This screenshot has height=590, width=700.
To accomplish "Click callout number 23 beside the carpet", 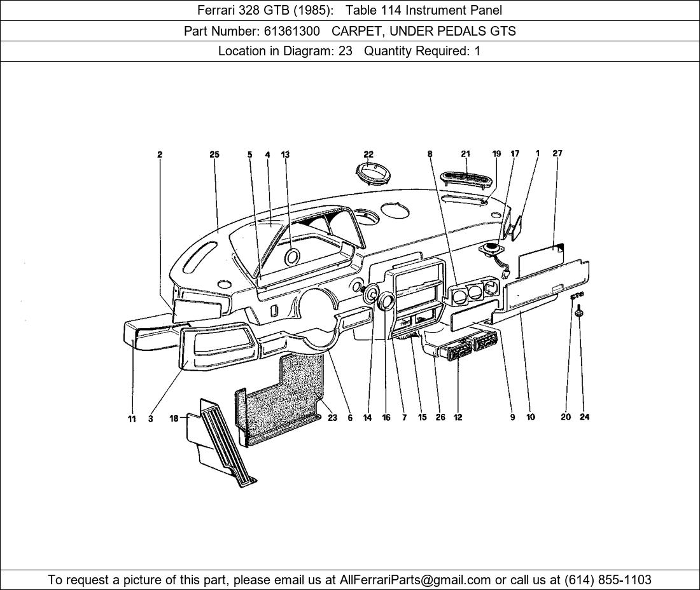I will [332, 418].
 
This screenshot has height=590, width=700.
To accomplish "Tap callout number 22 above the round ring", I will [368, 154].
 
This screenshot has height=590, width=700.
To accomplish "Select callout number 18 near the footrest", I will [174, 418].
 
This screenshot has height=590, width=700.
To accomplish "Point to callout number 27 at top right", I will [557, 153].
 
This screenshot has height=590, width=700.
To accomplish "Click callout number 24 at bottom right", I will [584, 417].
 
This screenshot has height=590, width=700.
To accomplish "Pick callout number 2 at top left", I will [160, 154].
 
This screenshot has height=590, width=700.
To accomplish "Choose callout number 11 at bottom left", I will [132, 418].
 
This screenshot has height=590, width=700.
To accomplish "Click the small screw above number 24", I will [580, 311].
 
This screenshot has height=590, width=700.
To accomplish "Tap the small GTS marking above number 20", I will [577, 296].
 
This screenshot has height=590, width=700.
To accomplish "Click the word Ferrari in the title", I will [217, 10].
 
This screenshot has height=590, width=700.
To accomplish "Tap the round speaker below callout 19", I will [492, 249].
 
